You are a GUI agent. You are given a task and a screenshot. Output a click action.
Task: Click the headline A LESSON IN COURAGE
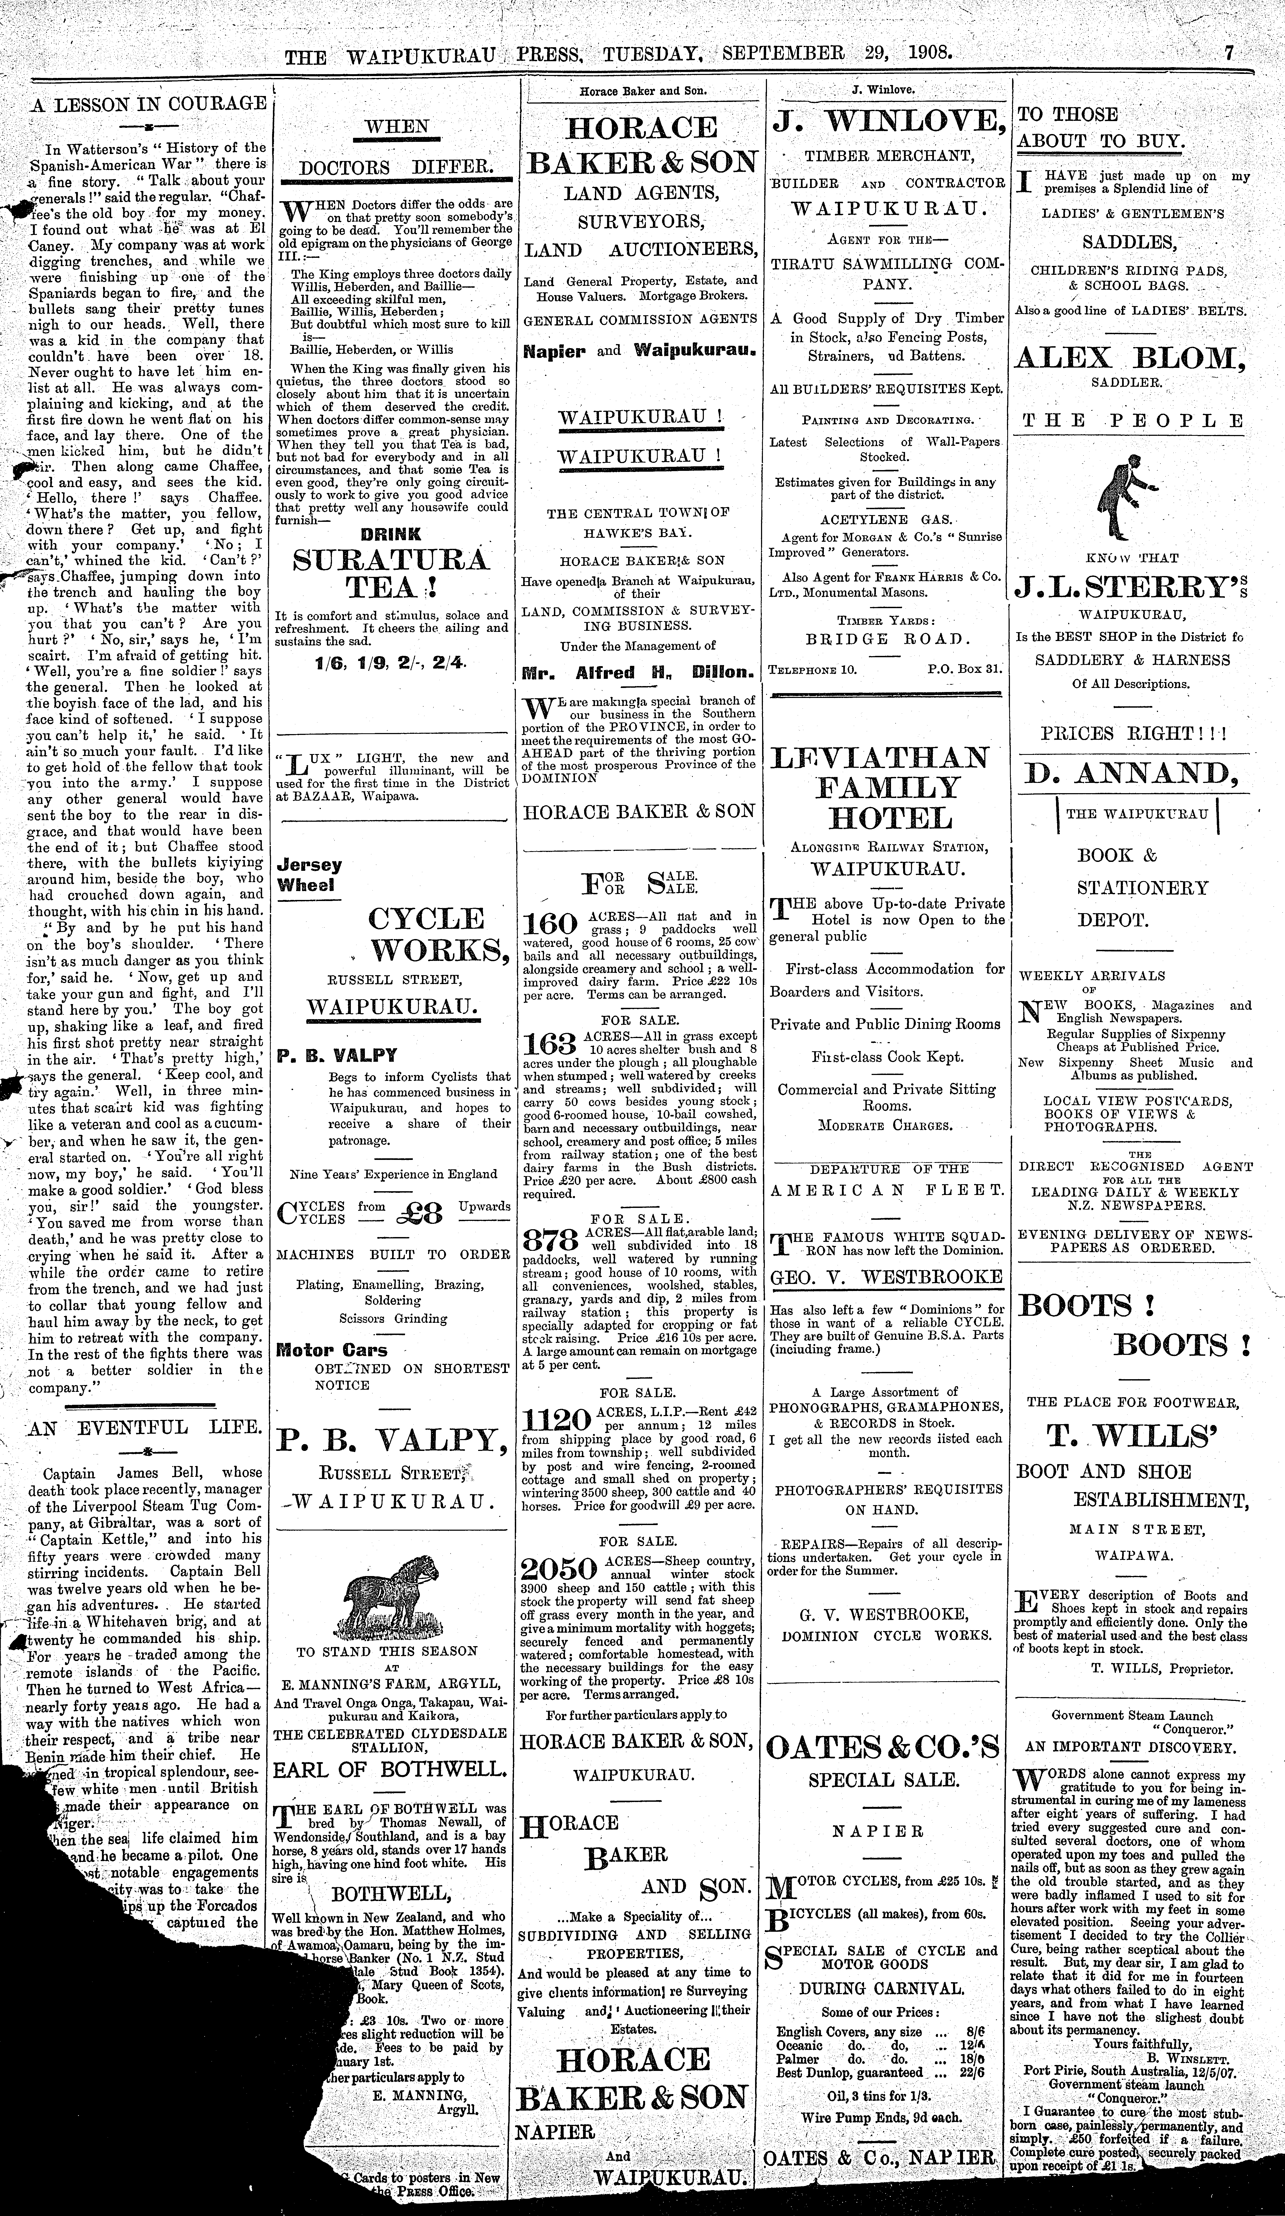click(149, 103)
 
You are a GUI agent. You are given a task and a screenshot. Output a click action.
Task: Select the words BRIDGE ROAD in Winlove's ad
click(887, 639)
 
